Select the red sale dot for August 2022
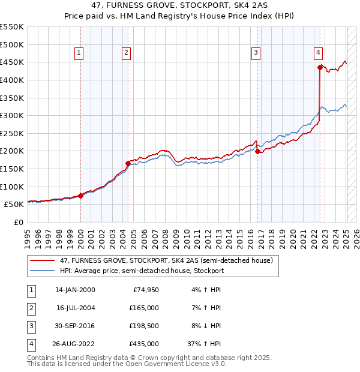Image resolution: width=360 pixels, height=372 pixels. (320, 67)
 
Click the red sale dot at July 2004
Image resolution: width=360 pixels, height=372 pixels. (128, 163)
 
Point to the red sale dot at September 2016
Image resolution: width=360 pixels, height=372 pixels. (258, 151)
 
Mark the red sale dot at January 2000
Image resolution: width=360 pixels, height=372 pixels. (80, 195)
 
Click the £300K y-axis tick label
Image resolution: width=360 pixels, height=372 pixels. (11, 115)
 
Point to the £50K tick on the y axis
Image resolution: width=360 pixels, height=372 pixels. (14, 204)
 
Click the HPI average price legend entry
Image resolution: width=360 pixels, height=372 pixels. (142, 271)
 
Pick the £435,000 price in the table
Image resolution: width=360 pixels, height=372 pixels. (145, 344)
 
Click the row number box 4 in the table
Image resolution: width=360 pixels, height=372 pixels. (30, 344)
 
